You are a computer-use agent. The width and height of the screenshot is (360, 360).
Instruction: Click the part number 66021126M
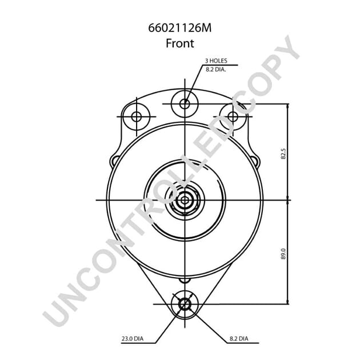180,27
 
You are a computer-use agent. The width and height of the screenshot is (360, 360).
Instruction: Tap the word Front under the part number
180,42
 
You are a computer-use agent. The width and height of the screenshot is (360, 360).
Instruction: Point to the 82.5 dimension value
282,153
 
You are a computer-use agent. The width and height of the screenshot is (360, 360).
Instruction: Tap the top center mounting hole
185,104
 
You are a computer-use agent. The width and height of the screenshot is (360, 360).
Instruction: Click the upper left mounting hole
136,117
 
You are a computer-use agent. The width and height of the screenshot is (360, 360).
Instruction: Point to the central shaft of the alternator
185,201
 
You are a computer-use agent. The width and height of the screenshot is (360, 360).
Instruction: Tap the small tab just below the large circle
184,280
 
